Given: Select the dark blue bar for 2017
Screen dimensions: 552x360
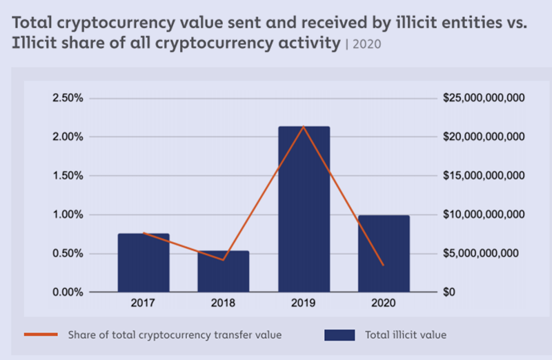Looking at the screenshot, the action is (x=144, y=263).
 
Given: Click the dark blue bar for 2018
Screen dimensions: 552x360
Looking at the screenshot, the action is (x=223, y=271).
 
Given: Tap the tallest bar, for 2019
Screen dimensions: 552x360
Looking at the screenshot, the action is (x=304, y=209).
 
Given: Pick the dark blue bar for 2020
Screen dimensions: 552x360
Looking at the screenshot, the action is (x=384, y=254).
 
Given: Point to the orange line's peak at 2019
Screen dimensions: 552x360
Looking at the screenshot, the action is (x=304, y=126).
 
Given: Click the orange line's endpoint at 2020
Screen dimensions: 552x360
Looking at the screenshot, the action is (x=384, y=265).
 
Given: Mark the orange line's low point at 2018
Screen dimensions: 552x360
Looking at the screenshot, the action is (x=223, y=260).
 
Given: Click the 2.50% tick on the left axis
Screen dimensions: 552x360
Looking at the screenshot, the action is (x=68, y=98).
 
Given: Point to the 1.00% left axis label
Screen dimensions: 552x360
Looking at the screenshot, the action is (x=68, y=214).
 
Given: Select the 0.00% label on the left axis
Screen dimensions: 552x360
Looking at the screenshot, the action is (x=68, y=292).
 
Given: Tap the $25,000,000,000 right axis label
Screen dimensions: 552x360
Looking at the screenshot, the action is (x=484, y=98).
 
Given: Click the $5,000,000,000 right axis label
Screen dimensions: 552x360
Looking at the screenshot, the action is (x=480, y=253).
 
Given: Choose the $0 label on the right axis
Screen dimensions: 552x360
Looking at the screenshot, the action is (x=449, y=292).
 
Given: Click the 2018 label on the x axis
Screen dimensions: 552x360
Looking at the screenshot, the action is (x=223, y=303).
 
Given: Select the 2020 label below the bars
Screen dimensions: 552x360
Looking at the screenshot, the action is (x=384, y=303).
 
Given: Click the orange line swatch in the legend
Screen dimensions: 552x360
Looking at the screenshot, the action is (x=41, y=334).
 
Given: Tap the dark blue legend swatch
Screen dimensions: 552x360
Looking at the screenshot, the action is (x=339, y=335).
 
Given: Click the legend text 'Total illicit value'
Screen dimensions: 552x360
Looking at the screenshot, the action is (x=406, y=334).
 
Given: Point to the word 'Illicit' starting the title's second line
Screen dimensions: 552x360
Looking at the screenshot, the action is (x=34, y=43).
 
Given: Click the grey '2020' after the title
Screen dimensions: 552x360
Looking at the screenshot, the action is (x=367, y=44).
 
